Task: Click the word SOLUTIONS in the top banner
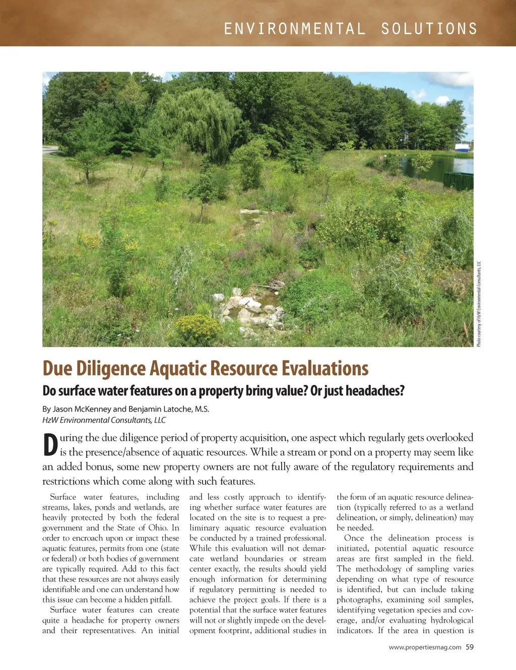(429, 29)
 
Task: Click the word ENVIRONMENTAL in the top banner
(295, 29)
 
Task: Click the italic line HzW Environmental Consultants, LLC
(104, 420)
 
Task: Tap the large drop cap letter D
(50, 445)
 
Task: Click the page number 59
(470, 647)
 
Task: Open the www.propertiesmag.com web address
(425, 648)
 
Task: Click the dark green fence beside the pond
(458, 181)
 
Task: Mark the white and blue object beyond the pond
(462, 148)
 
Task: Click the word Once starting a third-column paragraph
(354, 538)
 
